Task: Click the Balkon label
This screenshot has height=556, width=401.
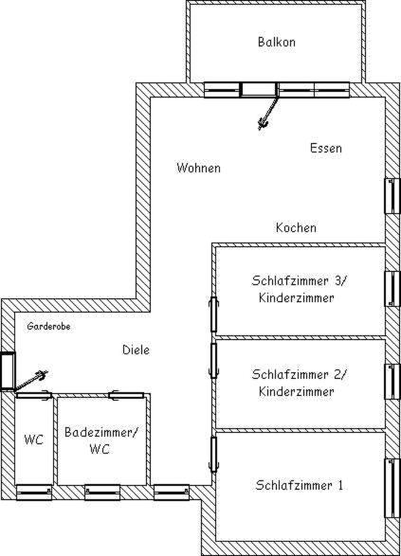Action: coord(277,42)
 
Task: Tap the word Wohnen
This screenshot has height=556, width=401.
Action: coord(198,168)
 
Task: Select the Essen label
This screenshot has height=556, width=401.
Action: coord(326,148)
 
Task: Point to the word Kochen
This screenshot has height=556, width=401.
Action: coord(296,227)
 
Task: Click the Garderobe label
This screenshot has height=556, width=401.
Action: coord(48,326)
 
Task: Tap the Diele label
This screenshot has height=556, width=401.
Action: coord(136,350)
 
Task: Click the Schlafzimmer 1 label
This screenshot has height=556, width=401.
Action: coord(300,485)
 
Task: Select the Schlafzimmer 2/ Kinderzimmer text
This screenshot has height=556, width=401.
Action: coord(298,383)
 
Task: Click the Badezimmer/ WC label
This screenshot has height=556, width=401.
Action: coord(100,440)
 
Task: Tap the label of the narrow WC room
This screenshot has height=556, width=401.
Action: coord(34,439)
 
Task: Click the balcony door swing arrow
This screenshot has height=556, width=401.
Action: coord(268,113)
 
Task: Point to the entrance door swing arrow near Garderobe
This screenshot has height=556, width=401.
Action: coord(30,380)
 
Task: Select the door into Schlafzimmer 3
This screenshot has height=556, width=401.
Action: coord(213,314)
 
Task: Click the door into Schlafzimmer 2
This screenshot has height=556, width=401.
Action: coord(213,361)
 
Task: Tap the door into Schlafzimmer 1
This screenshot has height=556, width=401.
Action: coord(213,455)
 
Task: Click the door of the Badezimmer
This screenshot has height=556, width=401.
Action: coord(126,395)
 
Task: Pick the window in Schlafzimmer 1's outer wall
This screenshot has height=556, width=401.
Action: coord(392,488)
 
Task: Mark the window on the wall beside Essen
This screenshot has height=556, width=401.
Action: coord(392,196)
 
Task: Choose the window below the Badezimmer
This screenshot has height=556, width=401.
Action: coord(102,493)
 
